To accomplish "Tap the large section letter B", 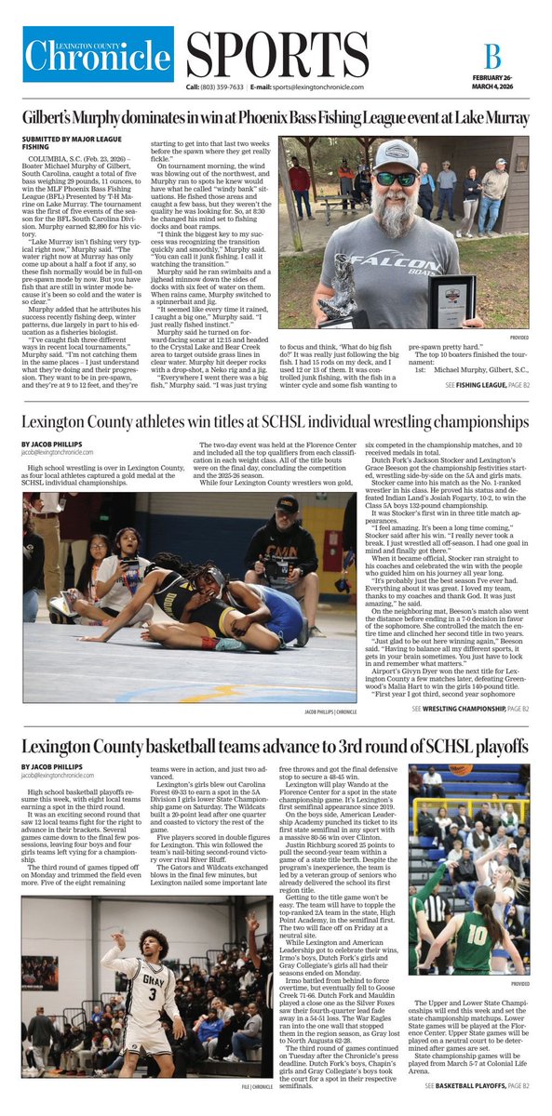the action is tap(492, 55).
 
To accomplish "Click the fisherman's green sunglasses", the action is tap(396, 179).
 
